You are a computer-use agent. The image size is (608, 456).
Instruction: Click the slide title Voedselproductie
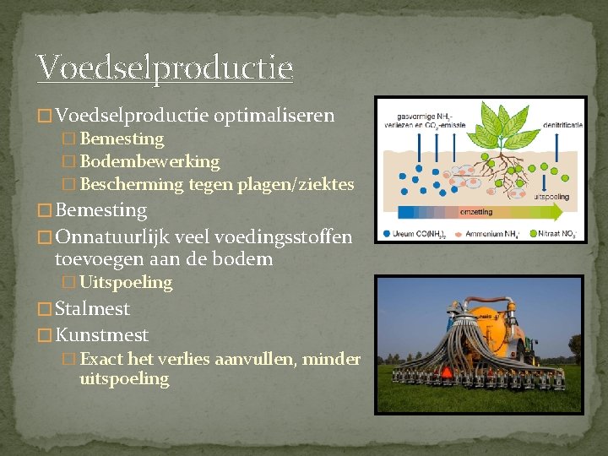[165, 68]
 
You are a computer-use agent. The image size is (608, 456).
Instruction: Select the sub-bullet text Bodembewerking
[149, 161]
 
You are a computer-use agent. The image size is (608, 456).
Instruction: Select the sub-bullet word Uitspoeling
[126, 282]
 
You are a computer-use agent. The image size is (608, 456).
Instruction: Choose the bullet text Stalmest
[92, 308]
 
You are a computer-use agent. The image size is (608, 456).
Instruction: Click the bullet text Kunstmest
[101, 335]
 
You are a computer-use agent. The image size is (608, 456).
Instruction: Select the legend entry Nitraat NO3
[558, 234]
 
